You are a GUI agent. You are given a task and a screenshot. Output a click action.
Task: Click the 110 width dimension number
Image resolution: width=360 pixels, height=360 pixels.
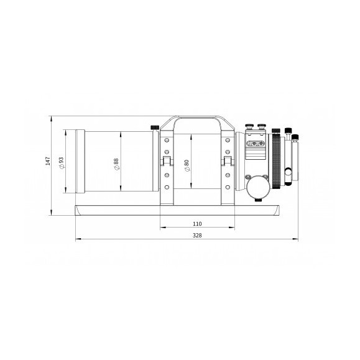[197, 224]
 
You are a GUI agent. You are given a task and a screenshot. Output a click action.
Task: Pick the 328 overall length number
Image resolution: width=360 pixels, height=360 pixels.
[197, 236]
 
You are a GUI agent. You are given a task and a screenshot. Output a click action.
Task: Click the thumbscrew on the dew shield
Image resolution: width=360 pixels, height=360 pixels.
[154, 128]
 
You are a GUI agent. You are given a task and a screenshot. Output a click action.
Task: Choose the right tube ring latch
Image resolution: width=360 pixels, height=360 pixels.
[228, 161]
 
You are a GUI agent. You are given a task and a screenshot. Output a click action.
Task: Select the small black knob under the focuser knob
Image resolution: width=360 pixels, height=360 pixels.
[257, 199]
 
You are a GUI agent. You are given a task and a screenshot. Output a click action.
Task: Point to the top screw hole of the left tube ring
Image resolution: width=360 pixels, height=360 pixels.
[167, 140]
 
